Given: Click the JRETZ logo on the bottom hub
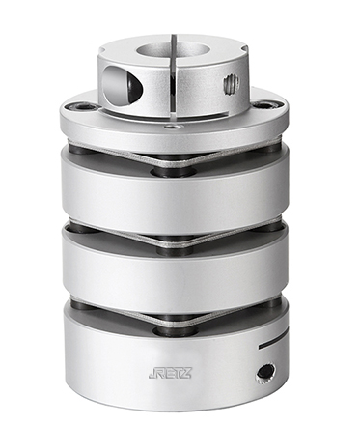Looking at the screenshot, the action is pos(170,373).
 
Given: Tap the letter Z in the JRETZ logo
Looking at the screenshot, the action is pos(187,373).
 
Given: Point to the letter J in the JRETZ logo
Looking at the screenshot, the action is pos(152,374).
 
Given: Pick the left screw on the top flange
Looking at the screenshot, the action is pos(81,107).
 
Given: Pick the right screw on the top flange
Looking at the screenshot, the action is pos(266,106).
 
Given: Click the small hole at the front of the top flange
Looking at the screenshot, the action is pos(170,127).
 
